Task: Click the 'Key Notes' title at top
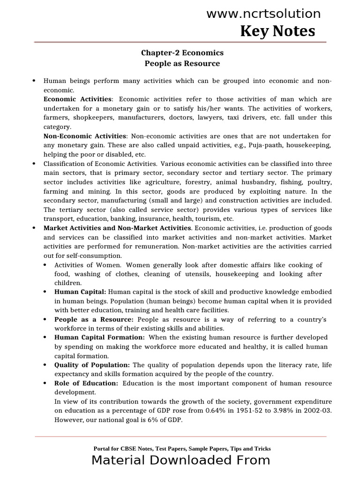coord(277,31)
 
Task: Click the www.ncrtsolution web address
coord(263,14)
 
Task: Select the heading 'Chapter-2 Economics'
coord(180,53)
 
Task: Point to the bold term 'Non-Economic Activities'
coord(85,136)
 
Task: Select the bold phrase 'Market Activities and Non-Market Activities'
coord(117,228)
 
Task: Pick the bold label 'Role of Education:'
coord(86,383)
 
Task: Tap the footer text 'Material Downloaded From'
coord(180,460)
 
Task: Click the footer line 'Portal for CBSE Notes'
coord(182,449)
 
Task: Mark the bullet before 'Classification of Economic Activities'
coord(34,164)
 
